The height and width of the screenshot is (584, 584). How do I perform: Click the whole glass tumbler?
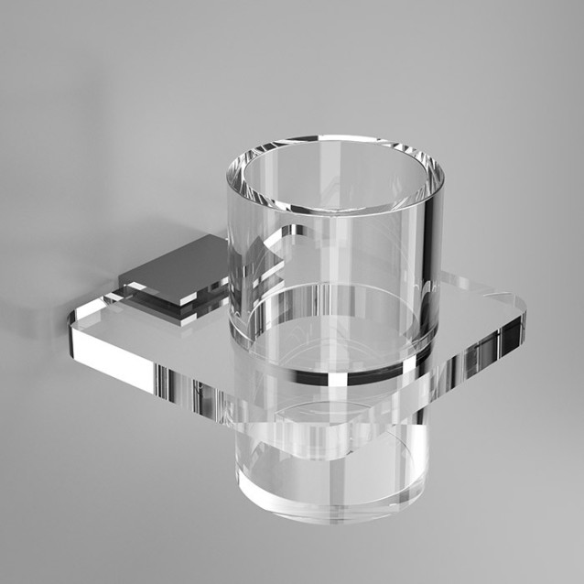pos(335,320)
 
